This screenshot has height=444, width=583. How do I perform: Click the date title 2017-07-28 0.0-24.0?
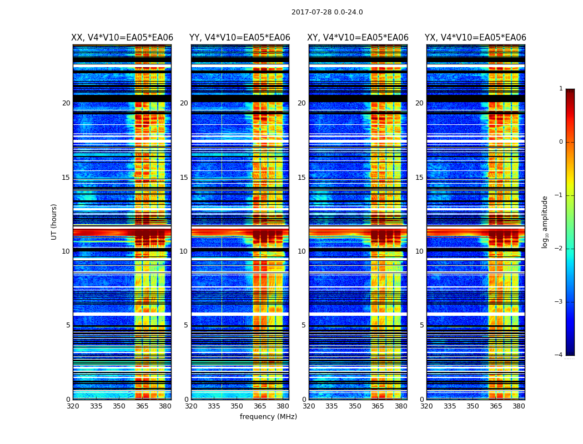point(327,12)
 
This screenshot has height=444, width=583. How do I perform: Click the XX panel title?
point(122,38)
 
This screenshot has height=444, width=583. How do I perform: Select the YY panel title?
point(240,38)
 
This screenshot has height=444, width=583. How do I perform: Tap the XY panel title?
point(358,38)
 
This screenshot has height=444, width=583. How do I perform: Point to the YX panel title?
point(475,38)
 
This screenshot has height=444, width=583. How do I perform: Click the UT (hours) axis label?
point(54,221)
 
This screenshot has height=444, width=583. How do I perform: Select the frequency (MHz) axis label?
point(268,417)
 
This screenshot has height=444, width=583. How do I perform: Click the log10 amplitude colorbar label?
point(545,221)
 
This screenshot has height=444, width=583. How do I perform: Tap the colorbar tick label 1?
point(560,89)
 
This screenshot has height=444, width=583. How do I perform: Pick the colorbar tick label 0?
point(560,142)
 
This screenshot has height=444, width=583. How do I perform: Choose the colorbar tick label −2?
point(559,249)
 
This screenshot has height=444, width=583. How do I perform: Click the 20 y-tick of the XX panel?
point(66,103)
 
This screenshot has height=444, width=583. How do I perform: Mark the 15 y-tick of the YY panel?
point(184,178)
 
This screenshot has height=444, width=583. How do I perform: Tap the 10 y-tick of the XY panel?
point(301,251)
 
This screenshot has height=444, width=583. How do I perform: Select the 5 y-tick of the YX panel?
point(421,325)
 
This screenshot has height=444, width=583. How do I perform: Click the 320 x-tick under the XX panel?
point(73,406)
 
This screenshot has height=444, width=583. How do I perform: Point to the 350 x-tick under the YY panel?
point(237,406)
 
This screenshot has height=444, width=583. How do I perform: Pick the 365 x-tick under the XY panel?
point(378,406)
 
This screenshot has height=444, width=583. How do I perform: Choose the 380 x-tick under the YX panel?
point(519,406)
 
